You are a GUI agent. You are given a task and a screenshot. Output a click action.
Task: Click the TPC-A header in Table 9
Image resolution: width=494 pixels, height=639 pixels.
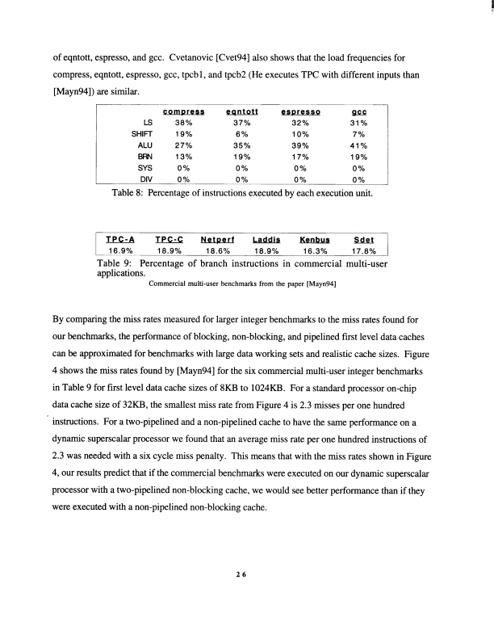tap(121, 239)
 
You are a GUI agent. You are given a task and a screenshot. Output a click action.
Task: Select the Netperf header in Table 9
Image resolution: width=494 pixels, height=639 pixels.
tap(216, 239)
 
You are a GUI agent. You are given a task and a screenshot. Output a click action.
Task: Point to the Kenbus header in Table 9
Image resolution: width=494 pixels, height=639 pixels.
tap(316, 239)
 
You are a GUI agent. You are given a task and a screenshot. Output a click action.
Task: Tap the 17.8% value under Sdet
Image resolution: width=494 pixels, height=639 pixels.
tap(365, 250)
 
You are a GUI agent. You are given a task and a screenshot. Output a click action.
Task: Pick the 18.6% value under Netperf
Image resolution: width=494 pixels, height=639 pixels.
tap(216, 250)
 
